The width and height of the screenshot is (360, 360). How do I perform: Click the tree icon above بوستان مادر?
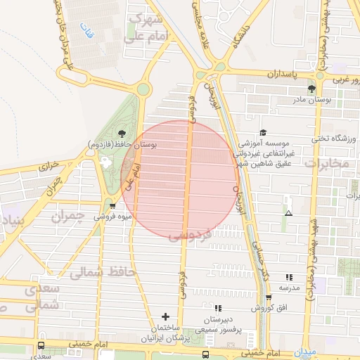click(x=311, y=89)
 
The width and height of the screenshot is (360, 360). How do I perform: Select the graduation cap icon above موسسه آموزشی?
click(x=263, y=131)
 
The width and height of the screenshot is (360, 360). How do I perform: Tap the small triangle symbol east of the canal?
click(x=288, y=212)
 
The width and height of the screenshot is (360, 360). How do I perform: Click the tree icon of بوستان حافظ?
click(x=122, y=131)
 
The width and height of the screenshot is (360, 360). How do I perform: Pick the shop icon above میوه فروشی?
click(x=112, y=206)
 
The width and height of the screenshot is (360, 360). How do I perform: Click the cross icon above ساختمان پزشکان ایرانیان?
click(x=166, y=317)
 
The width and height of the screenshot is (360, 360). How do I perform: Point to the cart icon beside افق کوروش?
click(x=268, y=297)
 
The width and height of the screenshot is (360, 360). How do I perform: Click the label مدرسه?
click(x=289, y=288)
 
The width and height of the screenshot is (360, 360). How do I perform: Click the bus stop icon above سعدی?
click(x=41, y=346)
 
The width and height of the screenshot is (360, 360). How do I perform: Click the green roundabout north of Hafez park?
click(x=143, y=89)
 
